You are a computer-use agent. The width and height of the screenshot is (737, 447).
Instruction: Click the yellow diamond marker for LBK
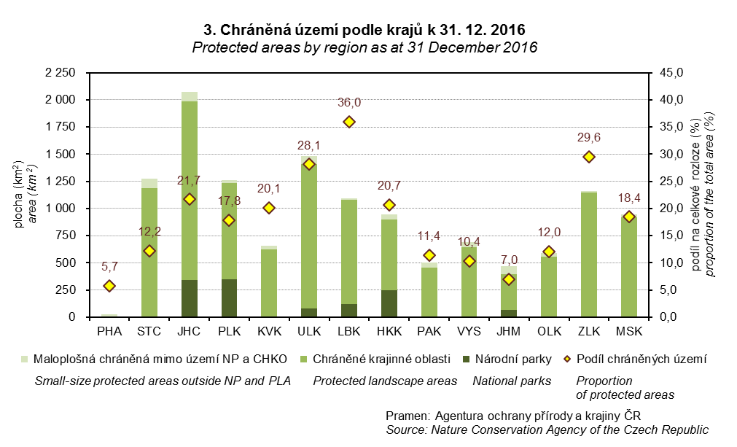349,122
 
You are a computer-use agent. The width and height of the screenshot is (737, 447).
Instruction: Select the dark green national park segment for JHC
190,298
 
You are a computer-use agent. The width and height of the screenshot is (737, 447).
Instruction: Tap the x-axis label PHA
109,333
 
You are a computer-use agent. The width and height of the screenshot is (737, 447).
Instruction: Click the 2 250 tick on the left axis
61,73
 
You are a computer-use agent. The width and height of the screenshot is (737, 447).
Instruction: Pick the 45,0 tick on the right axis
671,73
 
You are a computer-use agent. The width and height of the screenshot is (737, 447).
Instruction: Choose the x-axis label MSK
629,333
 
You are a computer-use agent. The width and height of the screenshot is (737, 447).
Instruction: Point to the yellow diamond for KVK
269,208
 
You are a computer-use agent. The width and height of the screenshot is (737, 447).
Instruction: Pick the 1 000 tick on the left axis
61,209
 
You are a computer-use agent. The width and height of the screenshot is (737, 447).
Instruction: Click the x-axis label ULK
309,333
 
